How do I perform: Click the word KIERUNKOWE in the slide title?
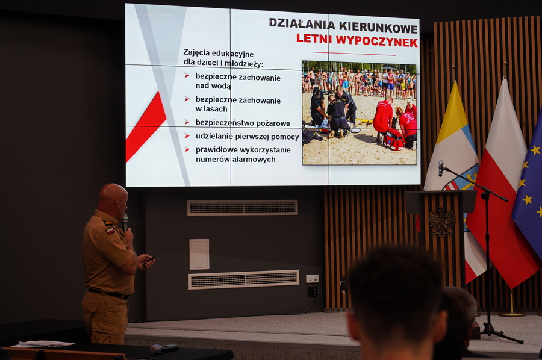[x=379, y=26]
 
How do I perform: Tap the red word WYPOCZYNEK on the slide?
[x=377, y=41]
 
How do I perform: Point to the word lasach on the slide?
[x=216, y=109]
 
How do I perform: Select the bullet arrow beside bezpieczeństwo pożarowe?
[x=187, y=122]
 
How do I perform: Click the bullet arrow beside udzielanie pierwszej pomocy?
[x=187, y=136]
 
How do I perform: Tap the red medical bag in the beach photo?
[x=394, y=139]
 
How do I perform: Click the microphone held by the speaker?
[x=125, y=222]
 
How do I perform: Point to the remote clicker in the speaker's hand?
[x=149, y=260]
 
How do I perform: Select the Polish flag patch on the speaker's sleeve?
[x=110, y=231]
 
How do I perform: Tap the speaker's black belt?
[x=108, y=294]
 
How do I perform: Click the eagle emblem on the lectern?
[x=441, y=222]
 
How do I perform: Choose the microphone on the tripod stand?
[x=441, y=168]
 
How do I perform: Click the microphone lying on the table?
[x=164, y=348]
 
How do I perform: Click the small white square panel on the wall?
[x=199, y=254]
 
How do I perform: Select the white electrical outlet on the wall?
[x=312, y=279]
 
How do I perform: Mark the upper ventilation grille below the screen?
[x=242, y=208]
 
